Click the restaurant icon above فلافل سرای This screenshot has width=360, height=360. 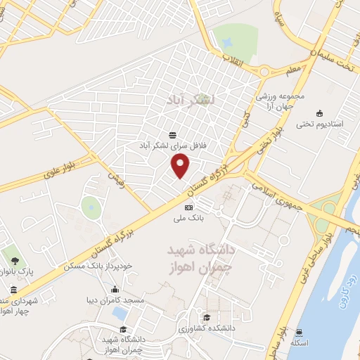(x=173, y=134)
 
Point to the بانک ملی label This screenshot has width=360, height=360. (x=188, y=219)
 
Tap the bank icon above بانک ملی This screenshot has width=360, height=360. (x=188, y=207)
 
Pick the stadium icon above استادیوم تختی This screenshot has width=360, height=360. (x=321, y=112)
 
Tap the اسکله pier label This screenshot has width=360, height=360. (x=301, y=342)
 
